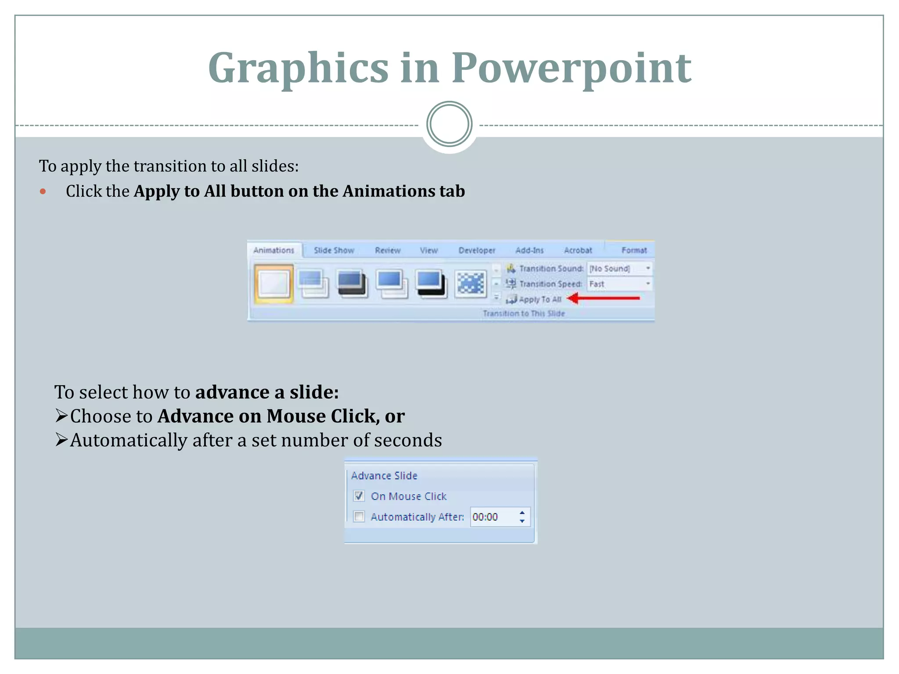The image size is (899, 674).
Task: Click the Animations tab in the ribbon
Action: click(x=273, y=250)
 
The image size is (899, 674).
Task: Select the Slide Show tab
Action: click(x=334, y=250)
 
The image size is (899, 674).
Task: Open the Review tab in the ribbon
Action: click(x=388, y=250)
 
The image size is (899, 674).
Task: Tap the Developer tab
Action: click(x=477, y=250)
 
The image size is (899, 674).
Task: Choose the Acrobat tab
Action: click(x=578, y=250)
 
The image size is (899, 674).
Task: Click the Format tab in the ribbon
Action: click(x=634, y=250)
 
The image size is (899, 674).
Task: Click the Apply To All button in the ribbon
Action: click(x=535, y=299)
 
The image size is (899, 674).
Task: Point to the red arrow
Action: click(x=604, y=298)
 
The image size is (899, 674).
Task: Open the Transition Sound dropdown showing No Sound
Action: click(x=619, y=269)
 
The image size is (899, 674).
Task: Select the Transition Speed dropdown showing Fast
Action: click(x=619, y=284)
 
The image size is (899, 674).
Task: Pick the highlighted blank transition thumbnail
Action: click(x=273, y=284)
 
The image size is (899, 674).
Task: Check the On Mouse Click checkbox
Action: click(x=359, y=496)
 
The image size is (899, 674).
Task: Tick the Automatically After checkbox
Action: click(x=359, y=516)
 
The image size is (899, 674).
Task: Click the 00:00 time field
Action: click(x=492, y=517)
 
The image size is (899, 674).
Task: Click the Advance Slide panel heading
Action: click(x=384, y=476)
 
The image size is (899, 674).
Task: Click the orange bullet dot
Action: click(x=43, y=191)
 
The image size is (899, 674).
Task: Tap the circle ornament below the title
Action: click(x=449, y=124)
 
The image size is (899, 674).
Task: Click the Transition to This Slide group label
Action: click(x=524, y=313)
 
